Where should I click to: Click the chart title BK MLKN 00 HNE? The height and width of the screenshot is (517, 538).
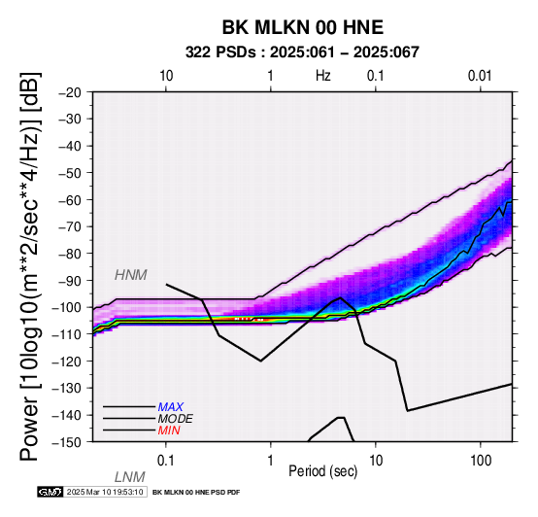(x=303, y=27)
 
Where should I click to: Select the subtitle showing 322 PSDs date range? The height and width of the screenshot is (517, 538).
(x=302, y=52)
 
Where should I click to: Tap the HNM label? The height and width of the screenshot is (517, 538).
(x=131, y=275)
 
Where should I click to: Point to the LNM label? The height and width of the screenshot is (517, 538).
(x=130, y=477)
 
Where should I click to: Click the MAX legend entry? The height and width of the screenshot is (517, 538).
(x=171, y=407)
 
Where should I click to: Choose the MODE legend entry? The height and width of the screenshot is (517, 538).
(x=176, y=419)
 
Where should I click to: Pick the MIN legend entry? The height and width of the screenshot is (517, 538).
(x=169, y=431)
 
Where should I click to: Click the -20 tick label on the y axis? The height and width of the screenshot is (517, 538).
(x=70, y=92)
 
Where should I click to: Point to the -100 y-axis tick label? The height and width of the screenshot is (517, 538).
(x=67, y=307)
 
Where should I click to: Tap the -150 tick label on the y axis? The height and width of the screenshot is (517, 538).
(x=67, y=442)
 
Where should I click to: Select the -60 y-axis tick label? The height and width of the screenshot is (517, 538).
(x=70, y=200)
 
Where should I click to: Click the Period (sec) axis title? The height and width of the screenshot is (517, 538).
(x=322, y=471)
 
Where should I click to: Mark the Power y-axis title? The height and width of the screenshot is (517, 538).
(x=30, y=266)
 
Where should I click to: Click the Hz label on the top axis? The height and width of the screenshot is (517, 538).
(x=322, y=76)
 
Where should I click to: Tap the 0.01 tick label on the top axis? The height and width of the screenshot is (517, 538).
(x=480, y=76)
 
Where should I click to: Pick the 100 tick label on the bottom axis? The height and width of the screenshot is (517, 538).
(x=481, y=461)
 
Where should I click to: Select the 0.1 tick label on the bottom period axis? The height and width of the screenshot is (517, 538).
(x=166, y=461)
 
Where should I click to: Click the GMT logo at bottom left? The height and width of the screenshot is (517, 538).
(x=50, y=492)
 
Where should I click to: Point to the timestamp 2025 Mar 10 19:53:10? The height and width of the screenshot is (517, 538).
(x=105, y=492)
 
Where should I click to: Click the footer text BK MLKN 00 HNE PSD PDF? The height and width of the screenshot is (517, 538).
(x=196, y=493)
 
